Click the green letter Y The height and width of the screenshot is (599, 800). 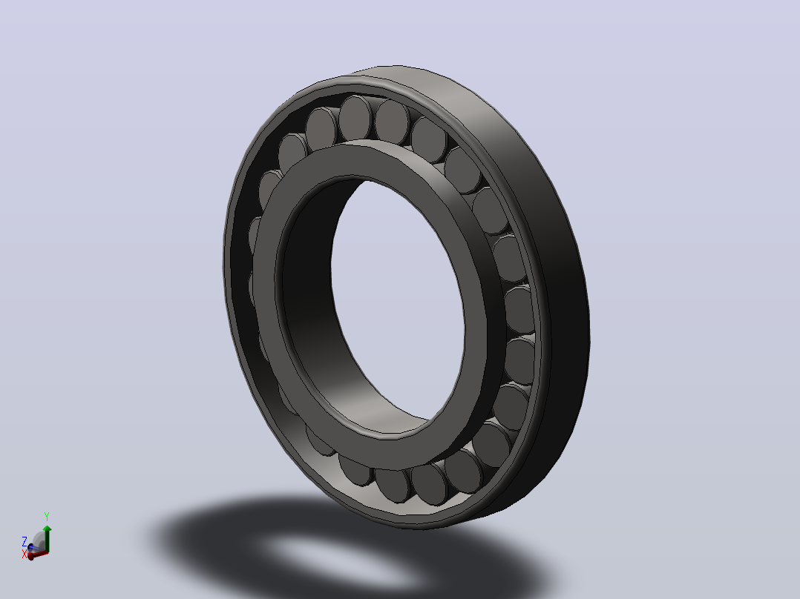[x=47, y=517]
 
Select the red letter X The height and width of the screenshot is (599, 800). [x=24, y=554]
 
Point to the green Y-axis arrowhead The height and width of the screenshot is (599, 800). [x=47, y=529]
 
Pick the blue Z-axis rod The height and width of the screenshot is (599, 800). [x=33, y=548]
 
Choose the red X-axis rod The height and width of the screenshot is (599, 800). [x=39, y=554]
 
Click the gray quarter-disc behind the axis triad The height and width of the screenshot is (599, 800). [x=39, y=540]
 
